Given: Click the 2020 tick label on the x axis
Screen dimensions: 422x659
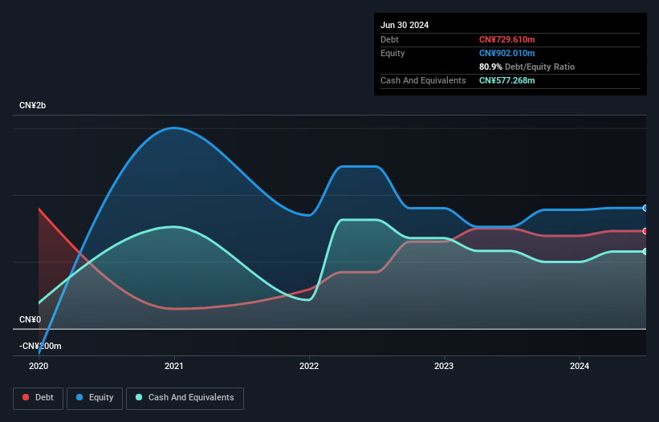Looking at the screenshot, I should pos(39,366).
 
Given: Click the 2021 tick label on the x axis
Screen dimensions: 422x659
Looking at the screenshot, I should pos(174,366).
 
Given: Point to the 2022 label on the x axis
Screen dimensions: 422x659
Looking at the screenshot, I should pos(309,366).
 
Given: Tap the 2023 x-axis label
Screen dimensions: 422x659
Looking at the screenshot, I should pos(444,366).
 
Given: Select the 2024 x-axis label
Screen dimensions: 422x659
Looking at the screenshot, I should pos(579,366).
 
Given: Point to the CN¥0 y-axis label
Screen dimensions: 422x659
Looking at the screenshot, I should pos(30,319).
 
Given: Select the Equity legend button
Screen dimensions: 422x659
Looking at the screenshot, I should pos(96,397).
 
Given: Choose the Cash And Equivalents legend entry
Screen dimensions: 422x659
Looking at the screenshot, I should pos(185,397).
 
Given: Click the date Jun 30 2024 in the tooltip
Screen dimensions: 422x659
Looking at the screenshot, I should pos(405,25).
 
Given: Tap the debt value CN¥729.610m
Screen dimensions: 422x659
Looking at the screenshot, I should pos(506,39).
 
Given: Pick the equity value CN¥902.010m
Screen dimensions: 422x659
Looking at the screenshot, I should pos(506,53).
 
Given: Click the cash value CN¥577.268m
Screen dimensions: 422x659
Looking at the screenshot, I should pos(506,80).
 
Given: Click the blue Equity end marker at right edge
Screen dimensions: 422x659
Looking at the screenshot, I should pos(645,208).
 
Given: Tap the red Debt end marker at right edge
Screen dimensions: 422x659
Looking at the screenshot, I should pos(645,231).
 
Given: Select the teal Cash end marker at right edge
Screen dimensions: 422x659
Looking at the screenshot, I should pos(645,252).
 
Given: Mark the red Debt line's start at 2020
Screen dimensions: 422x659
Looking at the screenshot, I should pos(39,209).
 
